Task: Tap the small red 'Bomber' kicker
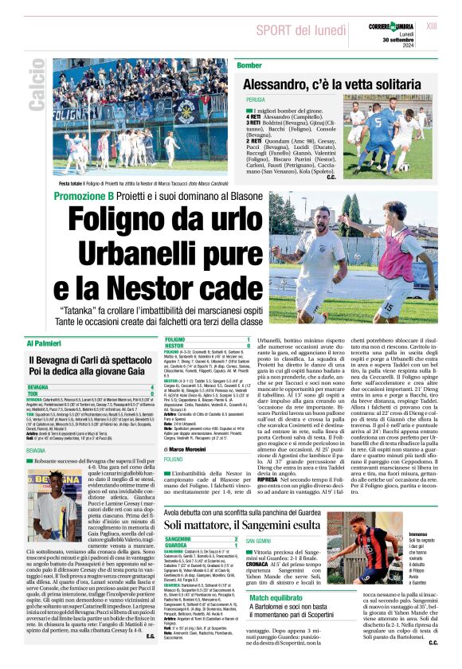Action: point(249,65)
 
